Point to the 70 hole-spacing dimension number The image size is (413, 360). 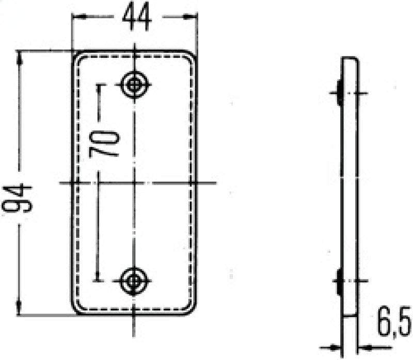click(x=105, y=143)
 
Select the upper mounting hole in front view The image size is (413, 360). click(x=135, y=84)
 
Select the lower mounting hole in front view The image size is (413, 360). click(x=134, y=281)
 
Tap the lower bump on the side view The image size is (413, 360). click(x=339, y=282)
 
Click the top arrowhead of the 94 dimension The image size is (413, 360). click(x=21, y=57)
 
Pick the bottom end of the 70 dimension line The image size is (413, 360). click(x=98, y=281)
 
